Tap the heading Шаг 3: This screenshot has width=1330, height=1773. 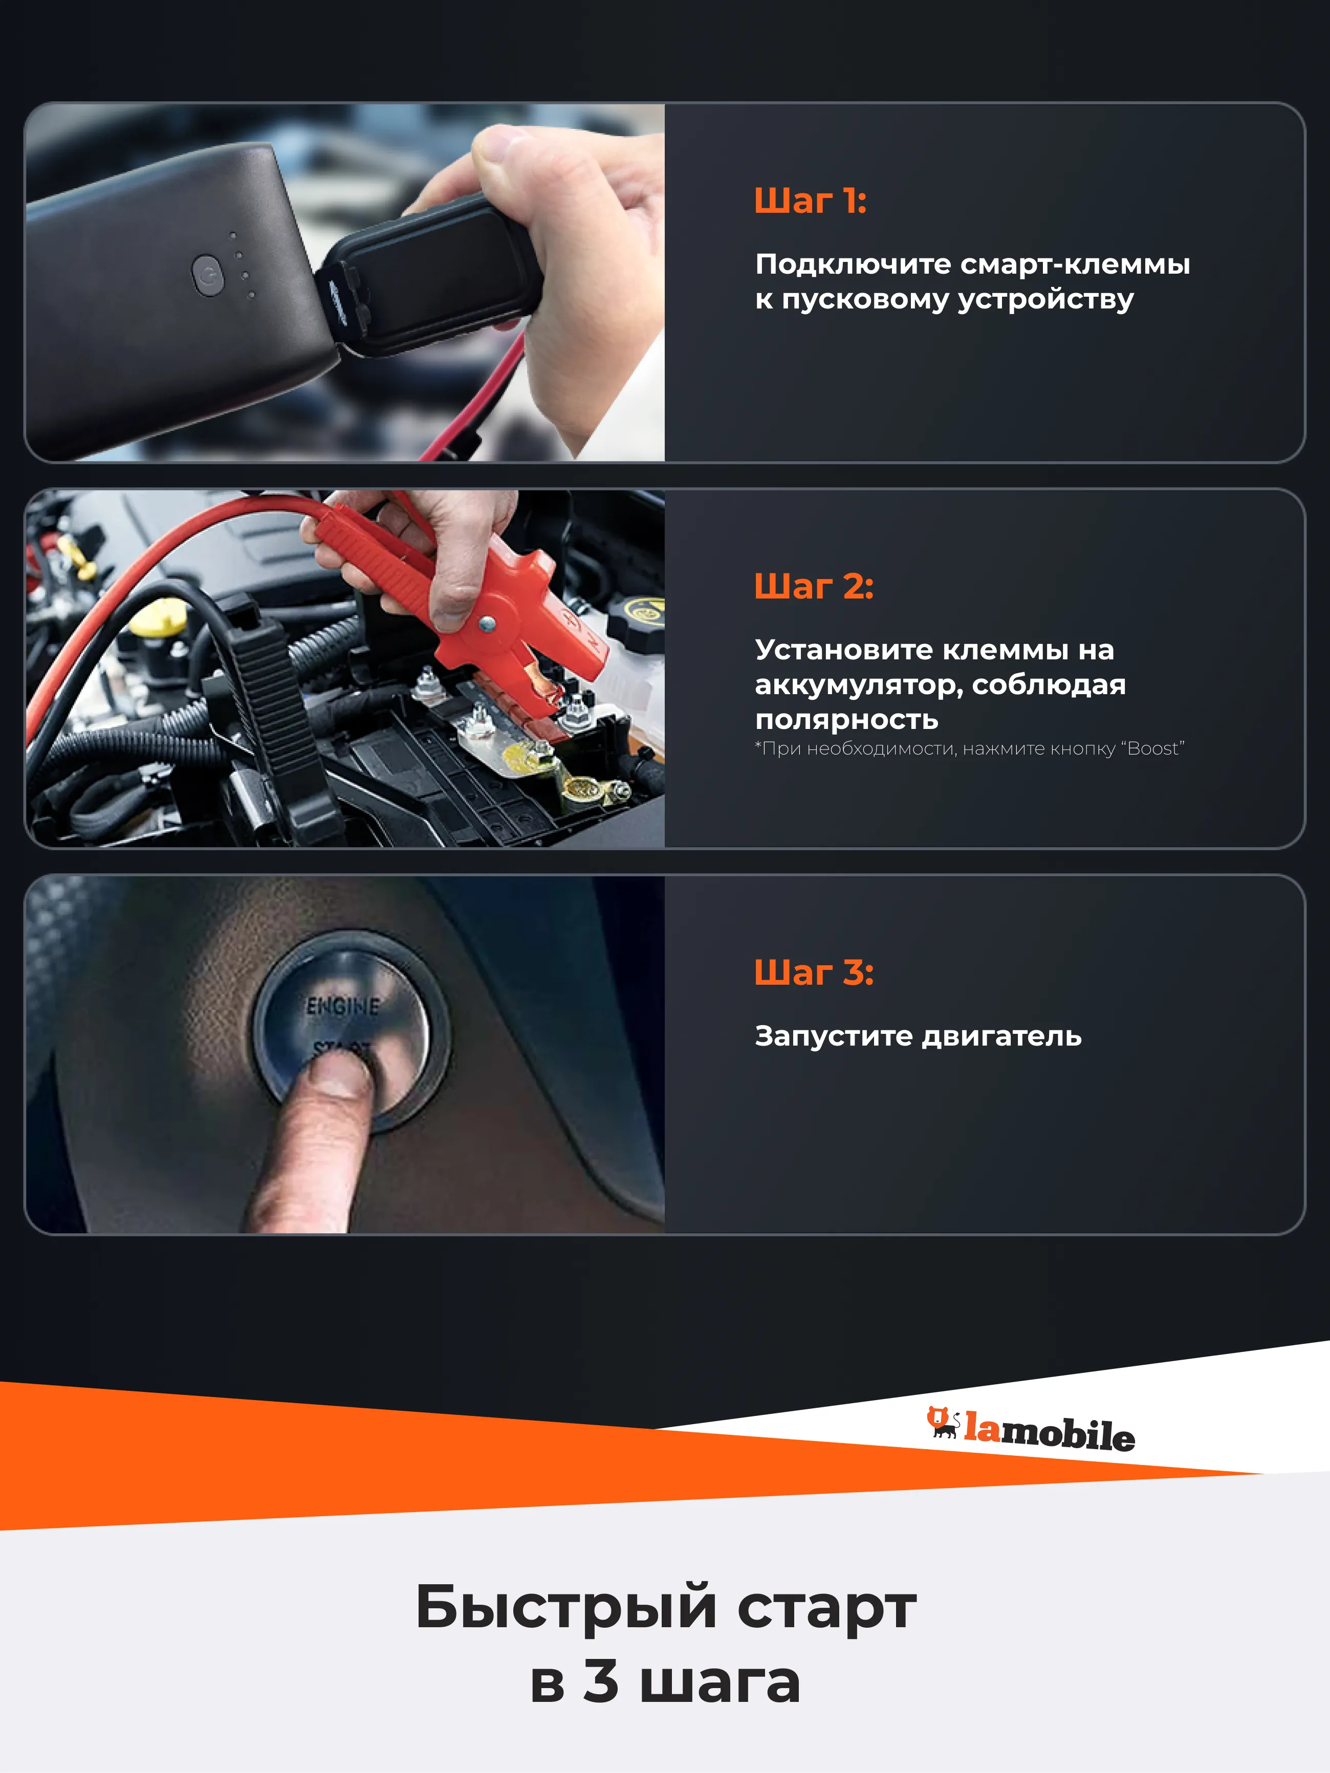click(x=814, y=972)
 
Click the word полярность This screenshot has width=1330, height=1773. click(x=846, y=720)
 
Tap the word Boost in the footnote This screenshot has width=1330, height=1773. click(x=1153, y=748)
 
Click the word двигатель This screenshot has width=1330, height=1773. click(x=1002, y=1036)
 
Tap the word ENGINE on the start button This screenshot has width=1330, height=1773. click(x=343, y=1005)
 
